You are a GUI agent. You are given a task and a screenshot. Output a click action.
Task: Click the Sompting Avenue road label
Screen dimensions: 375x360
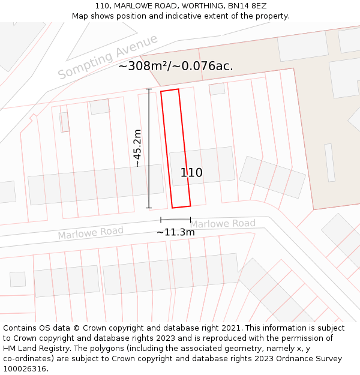click(108, 57)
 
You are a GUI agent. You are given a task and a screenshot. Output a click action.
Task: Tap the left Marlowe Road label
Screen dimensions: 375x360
click(91, 233)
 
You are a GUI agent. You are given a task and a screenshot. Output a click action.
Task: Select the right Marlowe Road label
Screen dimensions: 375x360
click(223, 224)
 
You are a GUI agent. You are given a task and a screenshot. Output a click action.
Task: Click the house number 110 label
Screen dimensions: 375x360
click(191, 173)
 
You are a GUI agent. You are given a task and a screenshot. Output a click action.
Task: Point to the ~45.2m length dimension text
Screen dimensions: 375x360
click(137, 148)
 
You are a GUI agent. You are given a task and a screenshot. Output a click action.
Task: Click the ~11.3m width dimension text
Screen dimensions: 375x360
click(176, 232)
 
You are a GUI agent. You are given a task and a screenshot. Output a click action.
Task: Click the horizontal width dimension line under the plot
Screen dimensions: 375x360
click(175, 220)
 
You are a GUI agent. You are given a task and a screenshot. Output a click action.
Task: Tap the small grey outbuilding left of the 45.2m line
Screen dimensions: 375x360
click(100, 107)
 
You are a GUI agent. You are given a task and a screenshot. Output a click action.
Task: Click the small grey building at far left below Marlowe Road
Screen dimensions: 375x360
click(18, 279)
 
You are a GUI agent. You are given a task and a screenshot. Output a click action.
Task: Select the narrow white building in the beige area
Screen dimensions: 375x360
click(329, 162)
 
